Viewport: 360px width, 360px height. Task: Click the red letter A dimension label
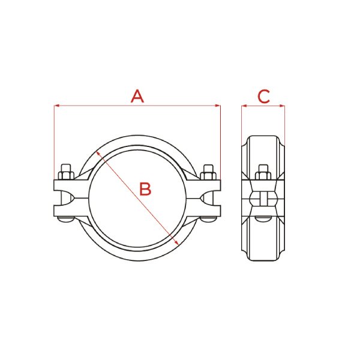pos(137,96)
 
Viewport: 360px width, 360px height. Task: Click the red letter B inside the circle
pos(145,189)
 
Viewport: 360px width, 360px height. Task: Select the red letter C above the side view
pos(263,97)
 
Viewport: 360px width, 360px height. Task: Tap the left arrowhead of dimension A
pos(57,106)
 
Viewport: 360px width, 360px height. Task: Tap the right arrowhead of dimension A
pos(218,106)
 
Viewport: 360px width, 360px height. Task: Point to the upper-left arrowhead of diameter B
pos(98,152)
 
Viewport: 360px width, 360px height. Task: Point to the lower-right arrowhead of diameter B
pos(176,242)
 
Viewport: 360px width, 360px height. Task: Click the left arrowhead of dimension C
pos(244,106)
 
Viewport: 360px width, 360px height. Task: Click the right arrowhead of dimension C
pos(282,106)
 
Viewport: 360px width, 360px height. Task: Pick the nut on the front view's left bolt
pos(66,175)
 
